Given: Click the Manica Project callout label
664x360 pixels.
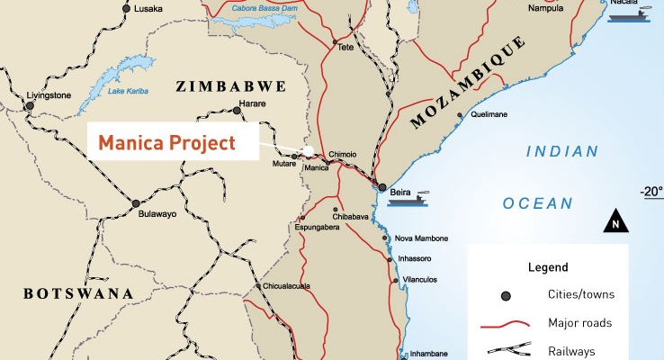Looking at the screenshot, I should (166, 142).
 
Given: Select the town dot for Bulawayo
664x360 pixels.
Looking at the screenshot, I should (136, 203).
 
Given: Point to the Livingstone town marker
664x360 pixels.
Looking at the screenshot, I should (30, 105).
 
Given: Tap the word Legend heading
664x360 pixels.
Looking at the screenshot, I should (548, 267).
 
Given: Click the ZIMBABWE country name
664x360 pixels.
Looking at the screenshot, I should (231, 86).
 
